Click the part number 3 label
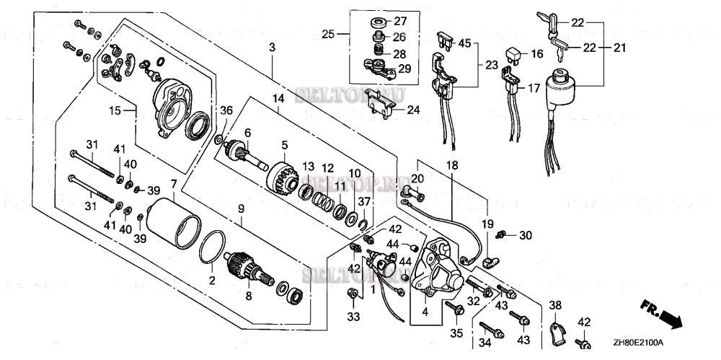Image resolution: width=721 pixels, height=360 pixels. [x=272, y=48]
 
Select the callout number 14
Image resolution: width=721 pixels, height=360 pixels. [x=278, y=98]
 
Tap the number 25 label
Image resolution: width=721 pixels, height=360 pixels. [x=329, y=35]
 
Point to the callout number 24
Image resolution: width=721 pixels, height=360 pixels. [x=412, y=110]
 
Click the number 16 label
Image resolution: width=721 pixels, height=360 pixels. [x=536, y=55]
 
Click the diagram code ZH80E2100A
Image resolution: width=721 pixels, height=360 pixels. [x=638, y=343]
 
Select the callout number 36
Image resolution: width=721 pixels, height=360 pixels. [x=227, y=110]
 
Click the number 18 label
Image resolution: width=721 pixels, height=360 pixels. [x=451, y=166]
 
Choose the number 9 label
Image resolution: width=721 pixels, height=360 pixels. [x=242, y=208]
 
